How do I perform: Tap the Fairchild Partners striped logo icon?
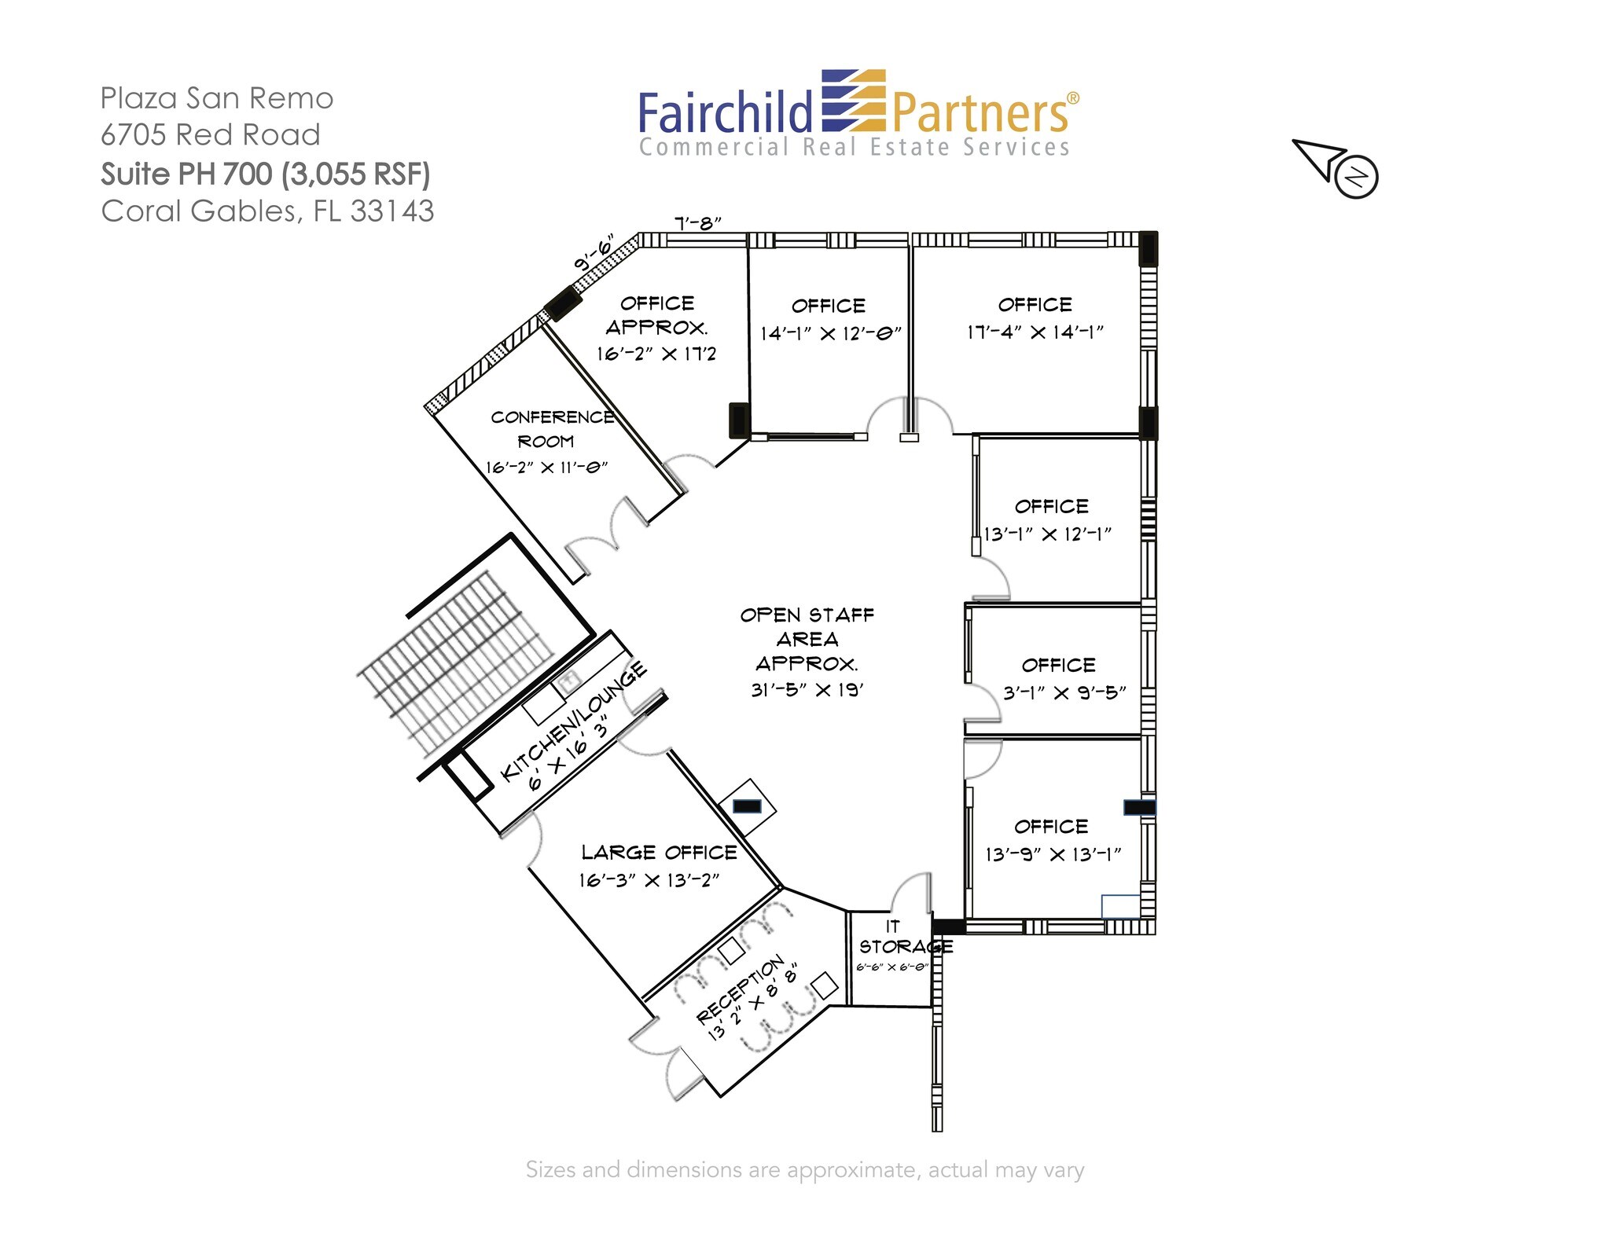[x=854, y=101]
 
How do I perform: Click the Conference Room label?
[x=553, y=429]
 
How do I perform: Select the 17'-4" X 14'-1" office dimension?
[x=1035, y=332]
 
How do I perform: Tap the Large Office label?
[x=660, y=853]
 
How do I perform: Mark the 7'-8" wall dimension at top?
[x=698, y=224]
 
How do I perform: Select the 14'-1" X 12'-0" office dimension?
[x=830, y=334]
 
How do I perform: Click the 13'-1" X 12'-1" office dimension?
[x=1047, y=534]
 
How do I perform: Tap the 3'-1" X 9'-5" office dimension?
[x=1064, y=692]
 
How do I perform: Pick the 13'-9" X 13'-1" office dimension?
[x=1053, y=854]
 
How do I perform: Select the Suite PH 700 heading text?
[x=265, y=174]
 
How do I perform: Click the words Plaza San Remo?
[x=217, y=98]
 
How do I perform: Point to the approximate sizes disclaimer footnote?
[x=805, y=1170]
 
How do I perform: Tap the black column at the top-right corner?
[x=1149, y=249]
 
